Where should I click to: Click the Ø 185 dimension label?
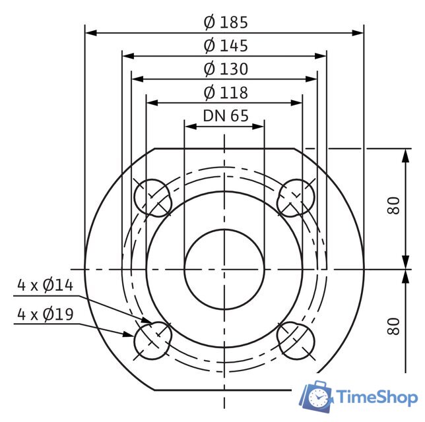(225, 22)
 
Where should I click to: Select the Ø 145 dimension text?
(225, 45)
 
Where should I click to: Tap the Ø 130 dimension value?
(225, 69)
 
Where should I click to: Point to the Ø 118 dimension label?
(225, 92)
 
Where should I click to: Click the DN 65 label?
(225, 115)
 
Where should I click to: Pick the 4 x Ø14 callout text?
(45, 286)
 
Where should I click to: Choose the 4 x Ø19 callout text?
(45, 315)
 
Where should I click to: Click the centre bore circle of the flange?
(224, 269)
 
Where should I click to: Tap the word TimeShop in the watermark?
(377, 397)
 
